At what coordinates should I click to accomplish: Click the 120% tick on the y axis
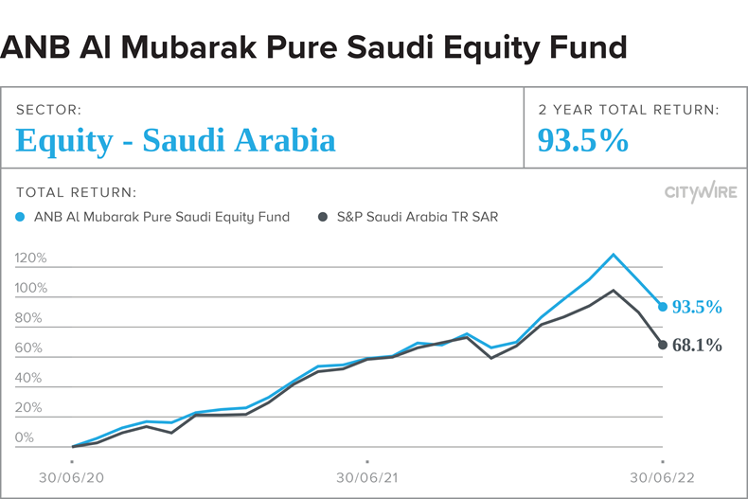pyautogui.click(x=31, y=258)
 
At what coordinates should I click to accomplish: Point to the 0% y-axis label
pyautogui.click(x=24, y=438)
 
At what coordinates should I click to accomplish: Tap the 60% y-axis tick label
pyautogui.click(x=28, y=348)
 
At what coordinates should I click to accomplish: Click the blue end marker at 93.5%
pyautogui.click(x=663, y=307)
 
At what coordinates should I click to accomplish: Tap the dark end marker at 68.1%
pyautogui.click(x=663, y=345)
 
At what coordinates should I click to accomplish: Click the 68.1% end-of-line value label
pyautogui.click(x=697, y=347)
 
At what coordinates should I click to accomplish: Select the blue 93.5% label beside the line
pyautogui.click(x=697, y=308)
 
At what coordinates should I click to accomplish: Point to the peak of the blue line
pyautogui.click(x=614, y=254)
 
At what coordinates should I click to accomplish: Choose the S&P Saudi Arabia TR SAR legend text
pyautogui.click(x=418, y=217)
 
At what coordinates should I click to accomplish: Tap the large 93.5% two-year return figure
pyautogui.click(x=583, y=141)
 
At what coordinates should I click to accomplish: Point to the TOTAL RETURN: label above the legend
pyautogui.click(x=77, y=192)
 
